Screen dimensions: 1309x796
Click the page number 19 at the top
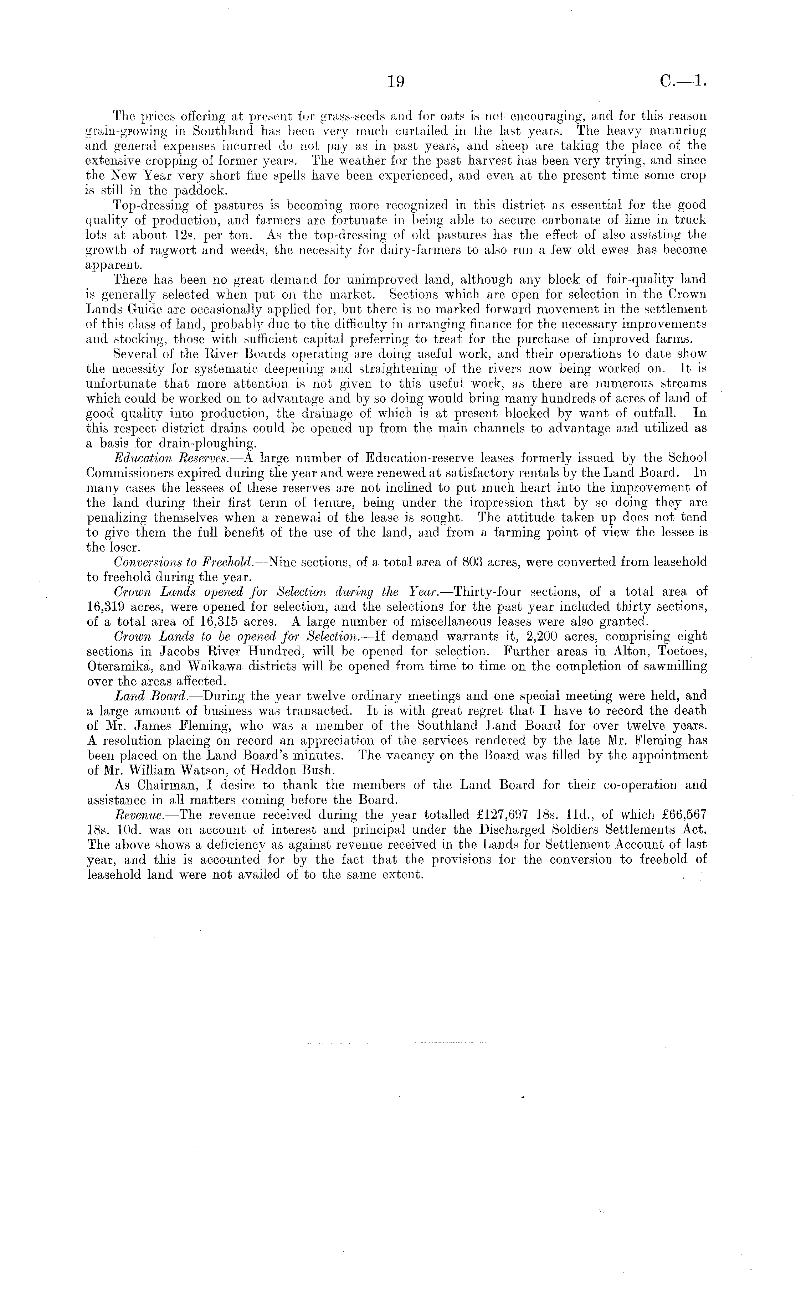click(396, 81)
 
